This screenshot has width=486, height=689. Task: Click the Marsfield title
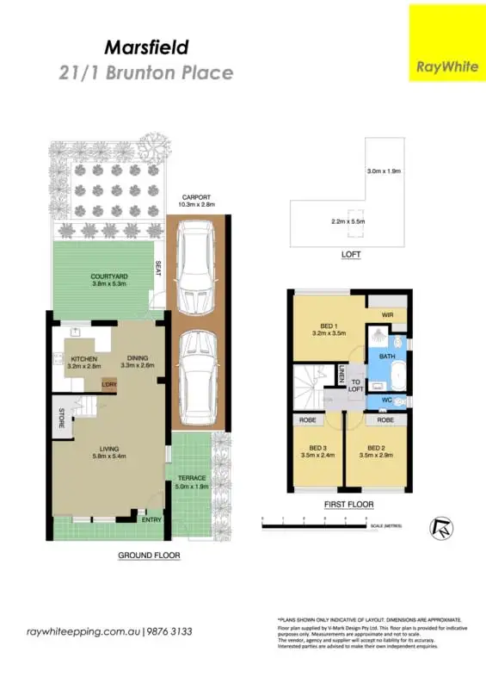(145, 46)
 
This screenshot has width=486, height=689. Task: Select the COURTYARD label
(109, 276)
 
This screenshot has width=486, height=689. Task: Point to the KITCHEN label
(84, 358)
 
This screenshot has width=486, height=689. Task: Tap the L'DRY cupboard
(109, 385)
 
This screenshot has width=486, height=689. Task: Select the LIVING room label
(108, 448)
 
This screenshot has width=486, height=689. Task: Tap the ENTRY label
(151, 518)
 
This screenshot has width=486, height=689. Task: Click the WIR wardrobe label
(387, 315)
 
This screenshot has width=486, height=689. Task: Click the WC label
(387, 400)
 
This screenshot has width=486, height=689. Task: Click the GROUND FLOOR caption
(149, 556)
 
